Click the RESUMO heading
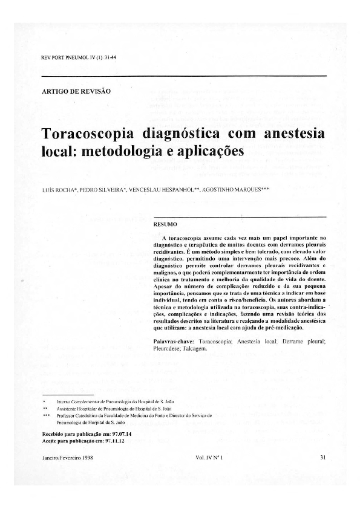tap(166, 224)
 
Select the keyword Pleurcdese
tap(171, 351)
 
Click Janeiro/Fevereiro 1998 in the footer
tap(67, 458)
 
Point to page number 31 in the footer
tap(322, 458)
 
